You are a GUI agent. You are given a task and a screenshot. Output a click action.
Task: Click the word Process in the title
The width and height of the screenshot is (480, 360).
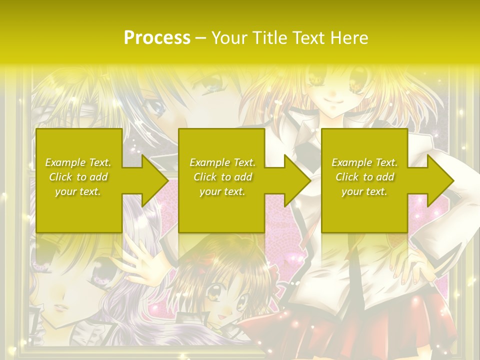point(157,37)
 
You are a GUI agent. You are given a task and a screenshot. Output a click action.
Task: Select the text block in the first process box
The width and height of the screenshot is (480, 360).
point(78,176)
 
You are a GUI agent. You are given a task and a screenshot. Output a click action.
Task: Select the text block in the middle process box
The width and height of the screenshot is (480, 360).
point(222,176)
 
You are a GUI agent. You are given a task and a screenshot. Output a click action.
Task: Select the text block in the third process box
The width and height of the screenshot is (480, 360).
point(364,176)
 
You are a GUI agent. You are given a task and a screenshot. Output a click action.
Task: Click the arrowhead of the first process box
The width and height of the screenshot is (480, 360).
point(155,180)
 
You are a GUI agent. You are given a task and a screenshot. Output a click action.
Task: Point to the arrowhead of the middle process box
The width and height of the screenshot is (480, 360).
point(297,180)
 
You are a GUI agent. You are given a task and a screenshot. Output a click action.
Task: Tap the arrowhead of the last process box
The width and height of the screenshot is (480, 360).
point(440,180)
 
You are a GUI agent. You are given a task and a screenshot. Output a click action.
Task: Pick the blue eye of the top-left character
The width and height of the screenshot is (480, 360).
point(157,106)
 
